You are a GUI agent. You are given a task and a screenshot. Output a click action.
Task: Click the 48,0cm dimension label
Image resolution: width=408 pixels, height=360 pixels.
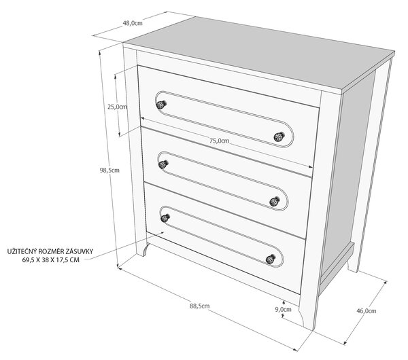point(133,23)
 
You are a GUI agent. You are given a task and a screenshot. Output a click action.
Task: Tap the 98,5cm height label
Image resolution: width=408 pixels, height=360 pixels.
point(109,170)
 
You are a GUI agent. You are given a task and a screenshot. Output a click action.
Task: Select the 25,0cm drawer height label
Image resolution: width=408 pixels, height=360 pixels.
point(118,107)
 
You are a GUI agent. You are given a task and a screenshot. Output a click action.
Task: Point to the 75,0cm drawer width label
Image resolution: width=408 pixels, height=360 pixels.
point(220,141)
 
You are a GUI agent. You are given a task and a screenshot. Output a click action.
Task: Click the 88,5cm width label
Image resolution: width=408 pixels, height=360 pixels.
point(199,306)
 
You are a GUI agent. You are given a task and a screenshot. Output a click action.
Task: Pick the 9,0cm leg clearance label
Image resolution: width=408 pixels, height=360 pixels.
point(284,310)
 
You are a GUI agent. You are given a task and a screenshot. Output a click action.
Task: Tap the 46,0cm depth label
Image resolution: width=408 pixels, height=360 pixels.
point(367,311)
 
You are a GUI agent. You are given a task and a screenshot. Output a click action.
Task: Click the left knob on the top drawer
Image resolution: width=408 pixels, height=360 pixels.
point(161,105)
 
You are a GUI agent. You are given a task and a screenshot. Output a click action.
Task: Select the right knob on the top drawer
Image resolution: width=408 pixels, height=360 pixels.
point(279,137)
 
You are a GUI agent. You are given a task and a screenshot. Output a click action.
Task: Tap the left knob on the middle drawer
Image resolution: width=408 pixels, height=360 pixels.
point(163,164)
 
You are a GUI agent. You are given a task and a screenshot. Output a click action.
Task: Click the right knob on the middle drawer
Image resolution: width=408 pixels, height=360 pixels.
point(275,202)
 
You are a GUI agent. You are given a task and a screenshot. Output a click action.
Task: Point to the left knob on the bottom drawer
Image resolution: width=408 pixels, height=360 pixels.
point(165,218)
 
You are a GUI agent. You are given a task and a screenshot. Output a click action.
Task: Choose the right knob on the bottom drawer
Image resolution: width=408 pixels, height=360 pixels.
point(271,259)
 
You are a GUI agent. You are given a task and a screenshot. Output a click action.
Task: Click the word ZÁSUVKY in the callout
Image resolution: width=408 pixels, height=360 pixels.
point(80,251)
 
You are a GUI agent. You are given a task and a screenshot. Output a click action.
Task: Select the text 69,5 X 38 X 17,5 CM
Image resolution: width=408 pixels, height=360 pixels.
point(51,259)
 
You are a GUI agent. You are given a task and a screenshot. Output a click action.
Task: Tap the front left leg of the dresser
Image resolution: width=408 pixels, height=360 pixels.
point(142,248)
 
